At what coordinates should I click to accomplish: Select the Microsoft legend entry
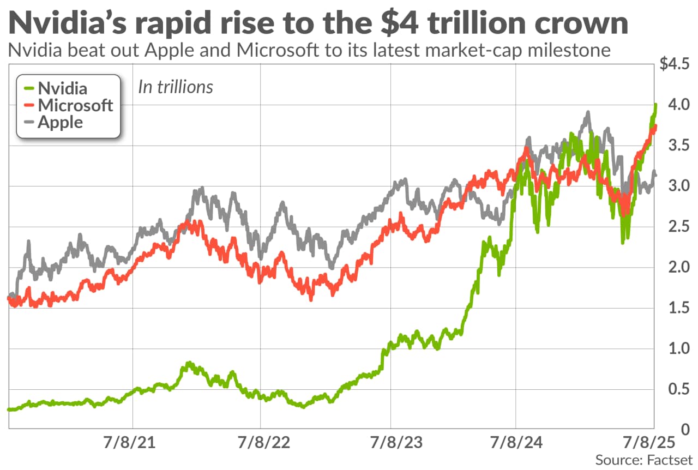(75, 105)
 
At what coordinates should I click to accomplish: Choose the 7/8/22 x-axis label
(261, 443)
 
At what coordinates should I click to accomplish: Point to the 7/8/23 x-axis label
(390, 443)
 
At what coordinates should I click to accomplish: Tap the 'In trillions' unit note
(175, 87)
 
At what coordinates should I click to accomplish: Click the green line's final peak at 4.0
(655, 104)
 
